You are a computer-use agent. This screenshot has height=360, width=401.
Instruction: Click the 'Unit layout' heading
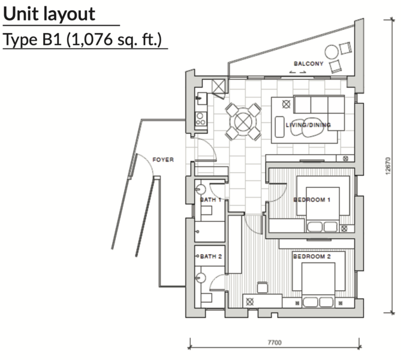point(49,14)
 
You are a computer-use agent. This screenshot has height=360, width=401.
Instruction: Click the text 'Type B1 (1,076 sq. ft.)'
point(84,40)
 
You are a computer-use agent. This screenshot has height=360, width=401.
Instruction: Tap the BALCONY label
point(309,64)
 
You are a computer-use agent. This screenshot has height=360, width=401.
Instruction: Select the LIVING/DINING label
point(308,125)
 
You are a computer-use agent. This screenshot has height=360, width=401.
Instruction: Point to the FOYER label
point(163,160)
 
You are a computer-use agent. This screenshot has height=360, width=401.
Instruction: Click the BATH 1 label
point(210,199)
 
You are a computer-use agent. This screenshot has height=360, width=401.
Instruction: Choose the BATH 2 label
point(210,256)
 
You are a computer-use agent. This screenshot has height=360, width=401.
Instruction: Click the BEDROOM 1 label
point(312,199)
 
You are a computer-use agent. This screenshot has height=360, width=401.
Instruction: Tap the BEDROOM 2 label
point(312,256)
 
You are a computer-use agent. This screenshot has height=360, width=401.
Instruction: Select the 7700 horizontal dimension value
point(275,343)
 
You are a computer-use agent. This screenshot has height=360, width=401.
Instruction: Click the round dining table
point(243,122)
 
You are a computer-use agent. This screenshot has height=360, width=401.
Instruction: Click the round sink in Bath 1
point(201,190)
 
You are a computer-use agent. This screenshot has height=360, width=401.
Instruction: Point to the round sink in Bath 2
point(201,277)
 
